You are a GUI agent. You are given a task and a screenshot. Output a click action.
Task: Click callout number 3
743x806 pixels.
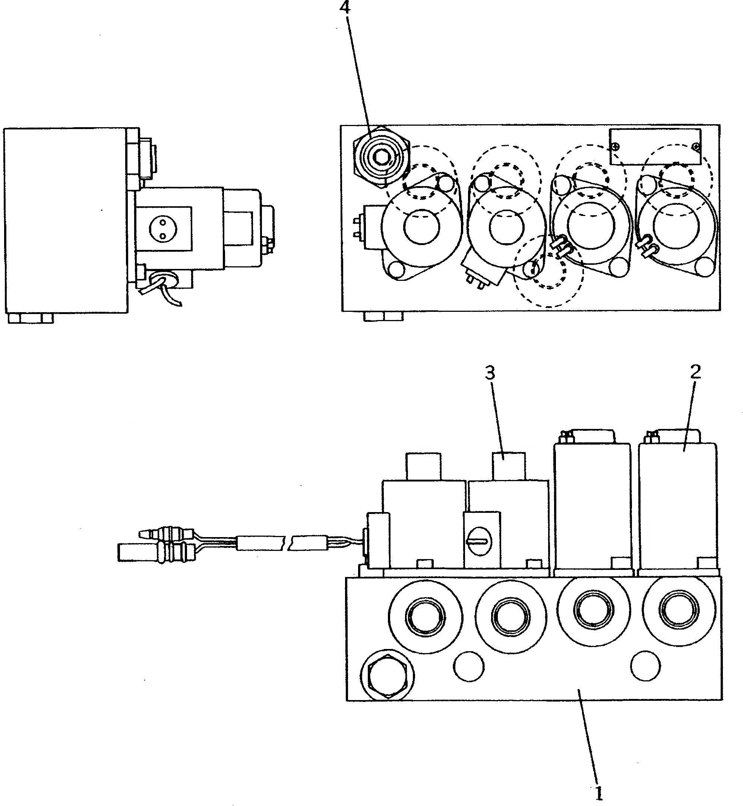490,373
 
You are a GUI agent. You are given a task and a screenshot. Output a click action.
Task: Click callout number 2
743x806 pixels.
696,372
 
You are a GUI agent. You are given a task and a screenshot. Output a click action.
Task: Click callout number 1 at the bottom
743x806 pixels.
599,793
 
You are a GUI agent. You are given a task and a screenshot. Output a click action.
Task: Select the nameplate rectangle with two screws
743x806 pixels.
655,147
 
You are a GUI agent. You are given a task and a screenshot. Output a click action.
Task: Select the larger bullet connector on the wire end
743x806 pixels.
137,552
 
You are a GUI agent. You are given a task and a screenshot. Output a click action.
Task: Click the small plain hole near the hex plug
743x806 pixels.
468,667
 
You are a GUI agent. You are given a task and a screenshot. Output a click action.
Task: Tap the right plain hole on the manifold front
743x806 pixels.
645,666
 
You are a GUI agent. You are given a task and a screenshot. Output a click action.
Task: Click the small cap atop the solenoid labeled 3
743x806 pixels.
509,466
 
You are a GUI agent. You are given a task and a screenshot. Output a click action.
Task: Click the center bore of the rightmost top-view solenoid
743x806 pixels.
674,226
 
